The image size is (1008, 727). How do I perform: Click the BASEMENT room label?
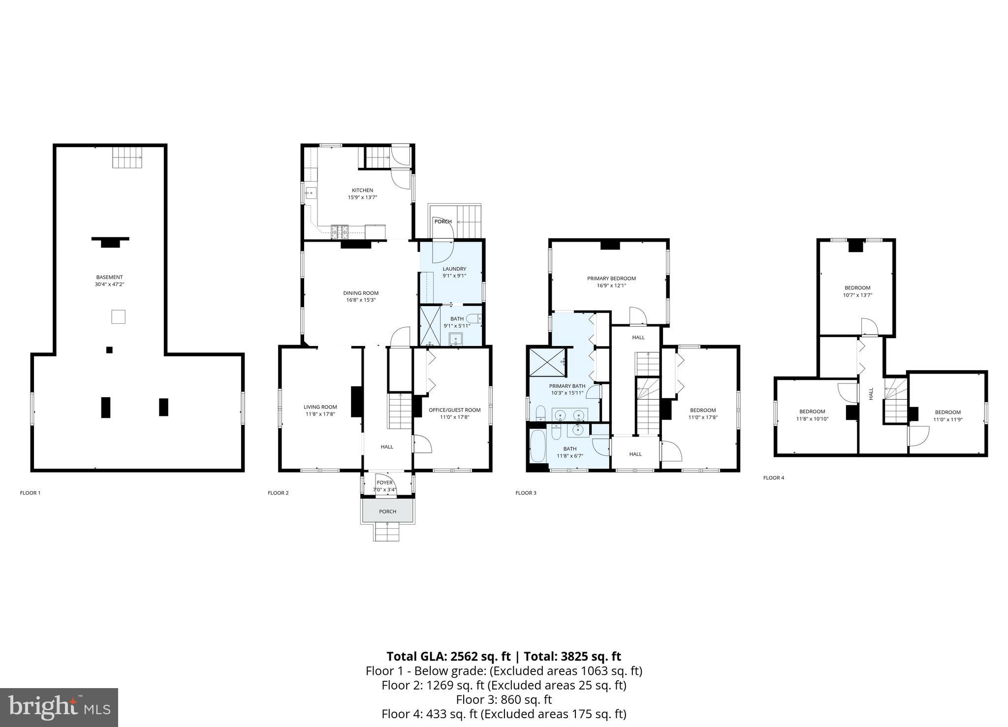point(109,277)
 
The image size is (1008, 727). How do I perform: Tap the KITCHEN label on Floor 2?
point(362,190)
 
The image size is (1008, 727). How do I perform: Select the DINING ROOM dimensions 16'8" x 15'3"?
point(361,300)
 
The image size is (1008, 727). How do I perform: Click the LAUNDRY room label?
point(454,269)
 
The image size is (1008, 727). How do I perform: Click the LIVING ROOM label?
point(320,407)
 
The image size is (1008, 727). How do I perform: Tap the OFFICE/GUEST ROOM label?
point(454,410)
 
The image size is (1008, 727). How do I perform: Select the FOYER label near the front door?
point(384,483)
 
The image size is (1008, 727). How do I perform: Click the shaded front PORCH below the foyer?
point(387,511)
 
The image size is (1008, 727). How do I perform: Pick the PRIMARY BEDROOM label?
point(611,279)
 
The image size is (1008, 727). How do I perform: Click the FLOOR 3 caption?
point(526,493)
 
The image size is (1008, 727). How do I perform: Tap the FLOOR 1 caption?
point(30,493)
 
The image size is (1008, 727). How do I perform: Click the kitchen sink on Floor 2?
point(310,192)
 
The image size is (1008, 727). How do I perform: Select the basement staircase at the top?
point(127,157)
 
